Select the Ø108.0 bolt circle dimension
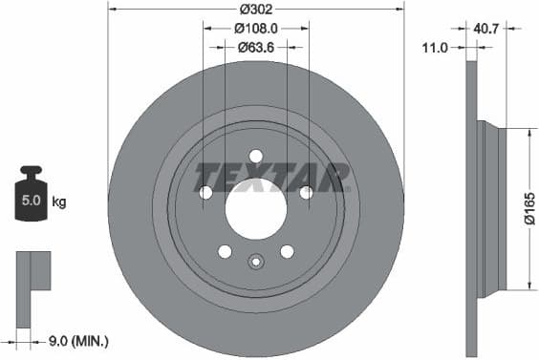click(256, 29)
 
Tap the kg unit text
click(59, 202)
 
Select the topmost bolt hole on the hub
click(255, 156)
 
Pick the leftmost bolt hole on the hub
click(205, 192)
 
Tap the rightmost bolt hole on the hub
click(306, 192)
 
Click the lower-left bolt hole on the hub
click(225, 251)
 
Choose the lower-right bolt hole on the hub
click(287, 251)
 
